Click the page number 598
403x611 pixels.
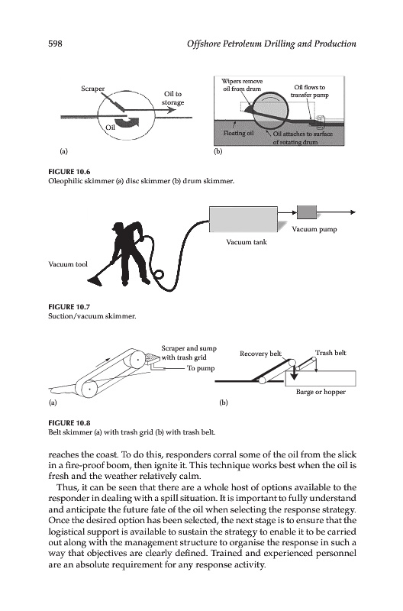pyautogui.click(x=55, y=44)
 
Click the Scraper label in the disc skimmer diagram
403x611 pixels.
pyautogui.click(x=92, y=89)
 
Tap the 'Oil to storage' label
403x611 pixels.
pyautogui.click(x=173, y=99)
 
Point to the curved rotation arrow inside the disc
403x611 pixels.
pyautogui.click(x=127, y=122)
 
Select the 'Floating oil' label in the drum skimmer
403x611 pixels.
pyautogui.click(x=238, y=133)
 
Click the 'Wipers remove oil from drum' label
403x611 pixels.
pyautogui.click(x=242, y=85)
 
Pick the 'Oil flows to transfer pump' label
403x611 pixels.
pyautogui.click(x=310, y=91)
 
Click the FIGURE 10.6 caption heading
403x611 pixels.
pyautogui.click(x=69, y=172)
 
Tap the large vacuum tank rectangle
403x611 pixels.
pyautogui.click(x=243, y=219)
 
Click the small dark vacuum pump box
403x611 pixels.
pyautogui.click(x=307, y=212)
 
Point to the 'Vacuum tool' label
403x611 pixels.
pyautogui.click(x=68, y=264)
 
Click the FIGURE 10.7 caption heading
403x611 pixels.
pyautogui.click(x=69, y=307)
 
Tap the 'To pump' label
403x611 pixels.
pyautogui.click(x=201, y=368)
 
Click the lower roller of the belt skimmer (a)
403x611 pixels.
pyautogui.click(x=89, y=389)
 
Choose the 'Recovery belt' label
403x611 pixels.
pyautogui.click(x=260, y=354)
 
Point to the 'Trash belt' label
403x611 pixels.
pyautogui.click(x=330, y=353)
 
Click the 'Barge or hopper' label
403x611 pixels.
pyautogui.click(x=321, y=392)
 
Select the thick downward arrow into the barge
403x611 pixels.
pyautogui.click(x=294, y=371)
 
